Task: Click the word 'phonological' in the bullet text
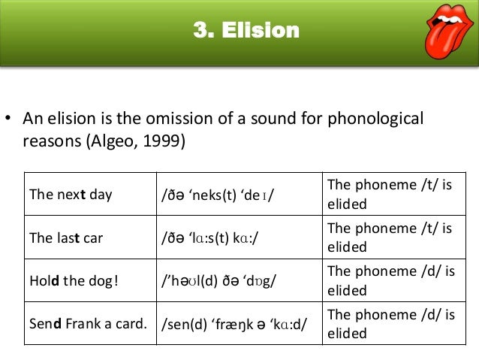tap(378, 119)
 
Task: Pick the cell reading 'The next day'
tap(71, 195)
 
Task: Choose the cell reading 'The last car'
tap(68, 237)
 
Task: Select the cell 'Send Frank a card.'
tap(88, 324)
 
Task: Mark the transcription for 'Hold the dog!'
tap(218, 281)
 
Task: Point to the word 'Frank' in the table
tap(81, 324)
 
